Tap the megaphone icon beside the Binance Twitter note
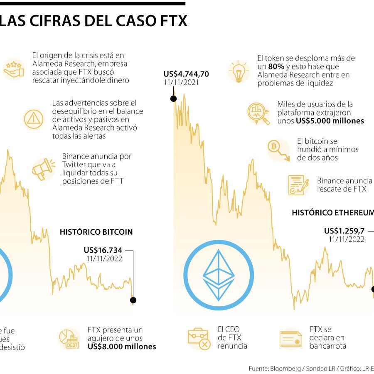pos(44,169)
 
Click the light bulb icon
pos(239,71)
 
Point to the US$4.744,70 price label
pos(186,74)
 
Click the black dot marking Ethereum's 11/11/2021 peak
pos(173,98)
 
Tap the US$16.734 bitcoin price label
pos(103,250)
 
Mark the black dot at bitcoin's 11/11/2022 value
pos(133,300)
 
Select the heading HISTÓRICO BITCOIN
pos(96,232)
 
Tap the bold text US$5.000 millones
pos(330,121)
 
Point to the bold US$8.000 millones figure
pos(122,347)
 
